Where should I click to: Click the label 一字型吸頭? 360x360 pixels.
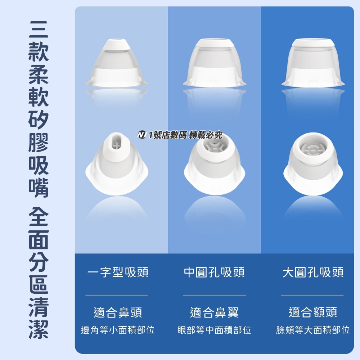coord(118,273)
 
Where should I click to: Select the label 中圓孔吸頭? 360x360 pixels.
coord(214,273)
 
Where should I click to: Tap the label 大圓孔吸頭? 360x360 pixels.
coord(313,273)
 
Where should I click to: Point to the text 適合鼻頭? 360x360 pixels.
coord(118,312)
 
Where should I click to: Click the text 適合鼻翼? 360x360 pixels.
coord(214,312)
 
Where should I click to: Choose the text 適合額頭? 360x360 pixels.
coord(313,312)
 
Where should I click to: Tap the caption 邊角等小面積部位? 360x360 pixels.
coord(118,330)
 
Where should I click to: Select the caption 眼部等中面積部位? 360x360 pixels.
coord(214,330)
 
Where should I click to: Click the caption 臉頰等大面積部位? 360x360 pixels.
coord(313,330)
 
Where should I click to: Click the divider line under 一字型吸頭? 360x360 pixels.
coord(117,295)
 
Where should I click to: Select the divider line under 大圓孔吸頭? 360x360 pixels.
coord(312,295)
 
